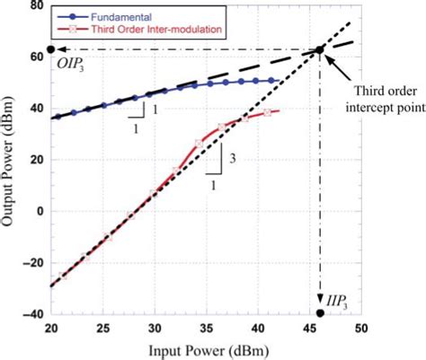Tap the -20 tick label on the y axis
click(x=31, y=263)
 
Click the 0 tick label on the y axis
click(x=39, y=212)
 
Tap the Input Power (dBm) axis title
click(x=206, y=348)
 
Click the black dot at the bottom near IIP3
click(x=321, y=313)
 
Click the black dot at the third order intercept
click(x=321, y=49)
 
